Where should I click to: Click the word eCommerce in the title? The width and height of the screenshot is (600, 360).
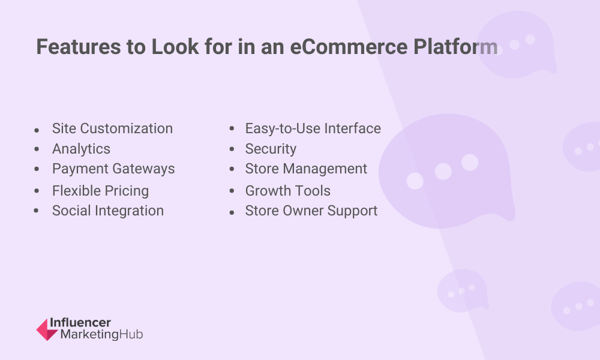pos(349,47)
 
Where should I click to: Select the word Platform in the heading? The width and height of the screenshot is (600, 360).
pos(455,47)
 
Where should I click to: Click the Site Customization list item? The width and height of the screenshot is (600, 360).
pos(113,128)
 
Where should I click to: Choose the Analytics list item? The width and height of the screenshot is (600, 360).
pos(81,149)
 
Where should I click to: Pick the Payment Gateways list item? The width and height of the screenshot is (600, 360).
pos(113,169)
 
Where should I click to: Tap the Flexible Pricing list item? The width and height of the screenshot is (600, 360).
pos(100,191)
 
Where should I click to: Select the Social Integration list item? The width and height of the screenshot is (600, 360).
pos(108,211)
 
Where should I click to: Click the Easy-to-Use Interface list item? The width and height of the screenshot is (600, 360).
pos(313,128)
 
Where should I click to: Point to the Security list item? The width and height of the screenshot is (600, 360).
pos(271,149)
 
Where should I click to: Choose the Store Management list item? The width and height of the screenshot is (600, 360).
pos(306,169)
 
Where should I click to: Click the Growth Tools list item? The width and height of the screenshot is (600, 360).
pos(288,191)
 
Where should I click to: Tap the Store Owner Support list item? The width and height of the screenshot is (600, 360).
pos(311,211)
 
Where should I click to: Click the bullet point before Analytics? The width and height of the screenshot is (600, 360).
pos(37,149)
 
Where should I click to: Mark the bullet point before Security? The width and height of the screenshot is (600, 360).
pos(232,149)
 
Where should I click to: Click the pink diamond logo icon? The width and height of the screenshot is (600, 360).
pos(47,329)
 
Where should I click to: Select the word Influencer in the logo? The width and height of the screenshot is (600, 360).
pos(80,323)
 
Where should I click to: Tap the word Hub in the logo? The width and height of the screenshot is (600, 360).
pos(131,334)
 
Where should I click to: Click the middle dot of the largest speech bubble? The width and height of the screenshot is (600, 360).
pos(443,172)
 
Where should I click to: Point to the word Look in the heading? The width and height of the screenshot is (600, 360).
pos(175,47)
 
